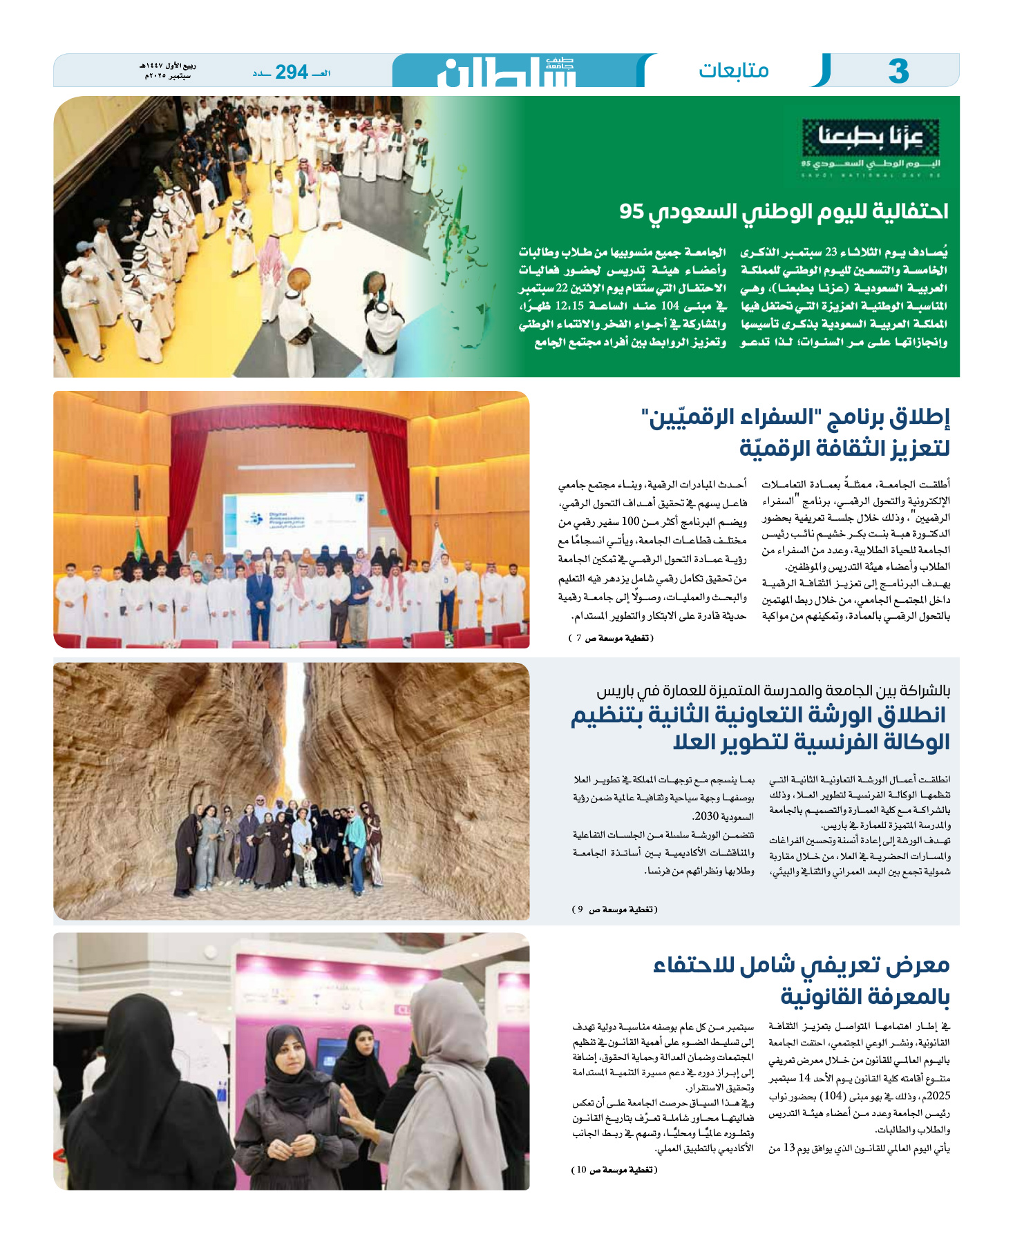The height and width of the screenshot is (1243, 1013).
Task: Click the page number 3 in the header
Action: (x=898, y=71)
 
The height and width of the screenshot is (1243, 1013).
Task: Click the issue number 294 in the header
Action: (x=291, y=72)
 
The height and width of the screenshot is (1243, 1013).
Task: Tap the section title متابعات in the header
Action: (x=733, y=70)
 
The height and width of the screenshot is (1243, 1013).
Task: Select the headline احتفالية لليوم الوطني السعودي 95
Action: (x=784, y=211)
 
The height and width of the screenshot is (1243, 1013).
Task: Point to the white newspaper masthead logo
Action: (x=506, y=72)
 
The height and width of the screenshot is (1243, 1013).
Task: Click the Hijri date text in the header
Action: (x=168, y=67)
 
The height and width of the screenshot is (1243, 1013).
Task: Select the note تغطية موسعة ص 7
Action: (x=610, y=638)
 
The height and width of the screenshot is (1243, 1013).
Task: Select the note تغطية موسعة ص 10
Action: (x=614, y=1169)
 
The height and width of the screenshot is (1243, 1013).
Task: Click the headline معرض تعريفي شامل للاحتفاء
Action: (x=802, y=965)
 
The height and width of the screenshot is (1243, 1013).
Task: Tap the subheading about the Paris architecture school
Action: (x=773, y=691)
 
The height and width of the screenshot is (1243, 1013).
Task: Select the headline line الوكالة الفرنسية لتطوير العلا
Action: (x=811, y=742)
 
